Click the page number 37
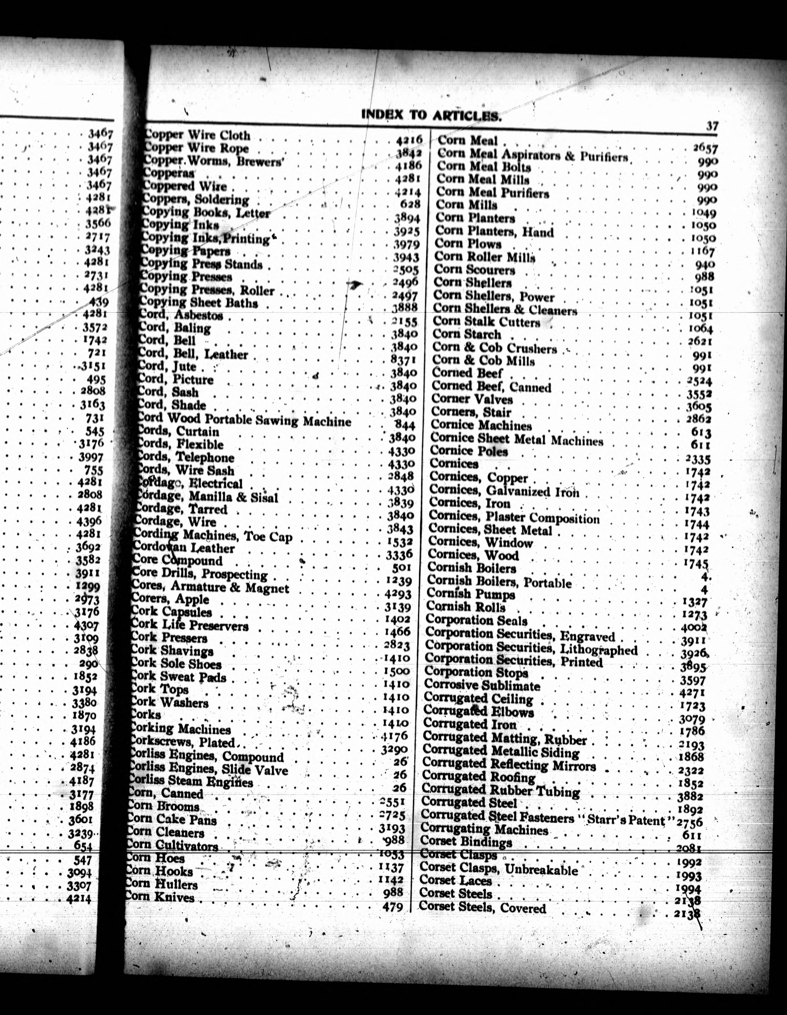pyautogui.click(x=712, y=126)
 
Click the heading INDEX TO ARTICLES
pyautogui.click(x=431, y=115)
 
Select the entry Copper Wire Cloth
pyautogui.click(x=198, y=135)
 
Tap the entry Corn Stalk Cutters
pyautogui.click(x=486, y=322)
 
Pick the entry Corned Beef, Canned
pyautogui.click(x=491, y=387)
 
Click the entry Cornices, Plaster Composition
pyautogui.click(x=514, y=517)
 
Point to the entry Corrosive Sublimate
pyautogui.click(x=482, y=685)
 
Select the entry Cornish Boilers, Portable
pyautogui.click(x=499, y=582)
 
